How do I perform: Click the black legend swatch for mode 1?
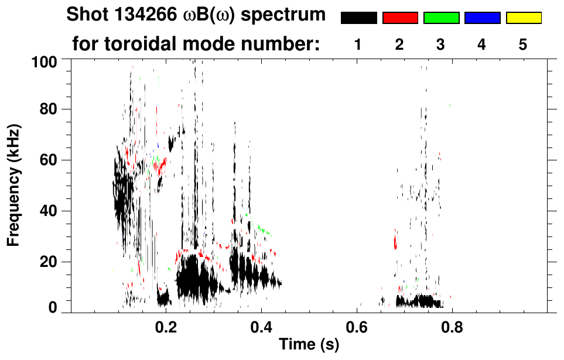tap(358, 18)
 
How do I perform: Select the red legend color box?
tap(400, 18)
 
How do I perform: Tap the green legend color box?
tap(441, 18)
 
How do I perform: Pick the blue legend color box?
tap(482, 18)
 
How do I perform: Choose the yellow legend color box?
tap(523, 18)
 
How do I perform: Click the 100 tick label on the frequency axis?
tap(44, 60)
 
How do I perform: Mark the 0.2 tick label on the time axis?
tap(166, 325)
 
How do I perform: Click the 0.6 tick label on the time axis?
tap(356, 325)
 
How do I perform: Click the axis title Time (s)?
tap(309, 345)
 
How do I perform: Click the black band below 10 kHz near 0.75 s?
tap(422, 302)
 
